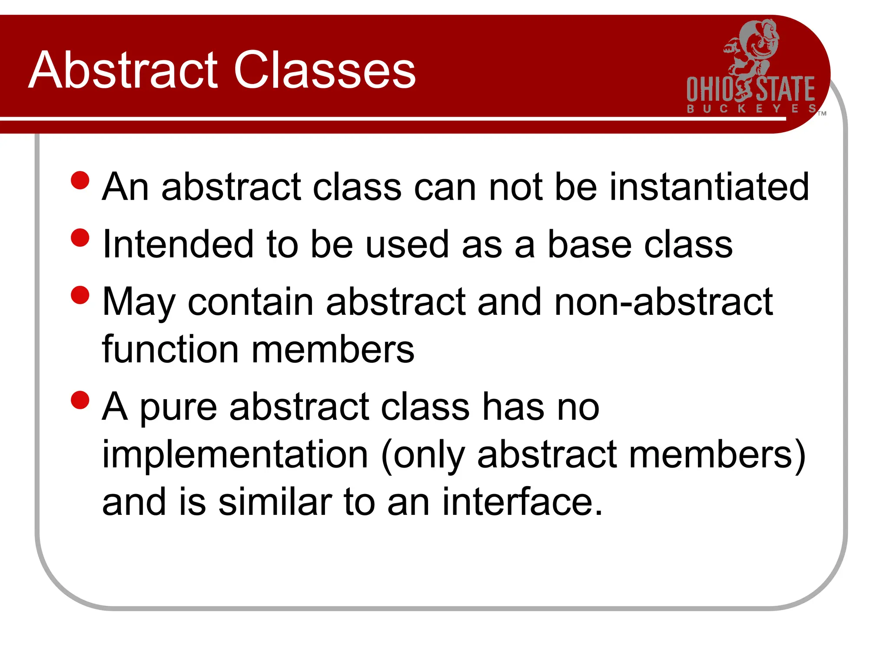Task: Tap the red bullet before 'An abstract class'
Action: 80,180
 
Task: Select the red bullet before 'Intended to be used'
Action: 80,238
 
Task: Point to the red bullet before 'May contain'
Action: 80,295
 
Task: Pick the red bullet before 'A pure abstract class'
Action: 80,400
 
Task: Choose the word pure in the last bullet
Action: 178,408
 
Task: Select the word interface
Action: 522,502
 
